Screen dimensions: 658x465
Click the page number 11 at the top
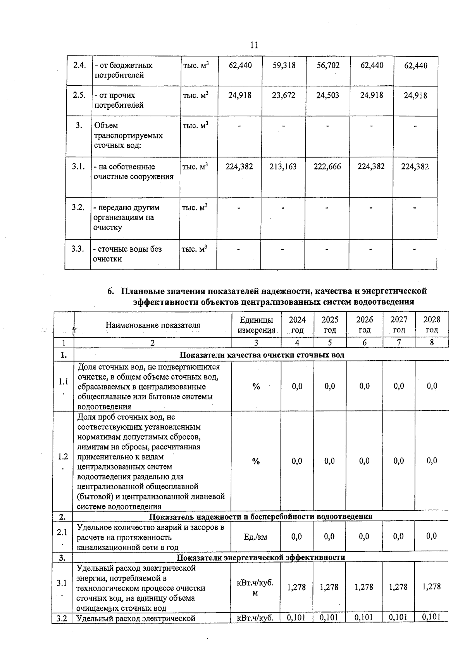(254, 45)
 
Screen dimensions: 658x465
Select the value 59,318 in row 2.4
(284, 66)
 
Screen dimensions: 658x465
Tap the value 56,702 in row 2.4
(328, 66)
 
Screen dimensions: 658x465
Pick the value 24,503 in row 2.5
(328, 95)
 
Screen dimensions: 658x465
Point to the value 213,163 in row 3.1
(283, 167)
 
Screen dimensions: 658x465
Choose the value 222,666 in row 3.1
(327, 167)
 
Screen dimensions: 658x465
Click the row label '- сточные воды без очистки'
(127, 254)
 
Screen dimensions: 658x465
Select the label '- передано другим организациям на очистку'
(126, 218)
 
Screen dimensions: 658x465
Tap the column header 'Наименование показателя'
(153, 325)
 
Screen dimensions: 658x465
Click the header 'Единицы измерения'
(256, 325)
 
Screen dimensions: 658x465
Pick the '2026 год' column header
(365, 325)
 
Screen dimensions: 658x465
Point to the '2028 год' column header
(432, 325)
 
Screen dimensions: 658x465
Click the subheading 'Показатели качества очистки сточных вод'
(262, 355)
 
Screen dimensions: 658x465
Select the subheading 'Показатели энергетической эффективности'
(261, 558)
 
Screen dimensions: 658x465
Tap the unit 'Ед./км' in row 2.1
(256, 537)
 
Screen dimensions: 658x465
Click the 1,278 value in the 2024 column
(296, 587)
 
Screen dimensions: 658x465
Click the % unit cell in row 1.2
(256, 461)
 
